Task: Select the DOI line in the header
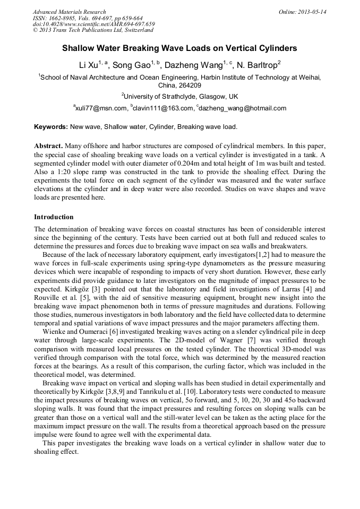click(93, 24)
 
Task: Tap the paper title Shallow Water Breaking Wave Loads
click(179, 48)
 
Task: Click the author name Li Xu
click(88, 65)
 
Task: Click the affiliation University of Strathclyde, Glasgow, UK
click(181, 97)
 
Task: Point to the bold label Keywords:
click(51, 127)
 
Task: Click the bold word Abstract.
click(48, 145)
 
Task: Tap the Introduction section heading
click(54, 217)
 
